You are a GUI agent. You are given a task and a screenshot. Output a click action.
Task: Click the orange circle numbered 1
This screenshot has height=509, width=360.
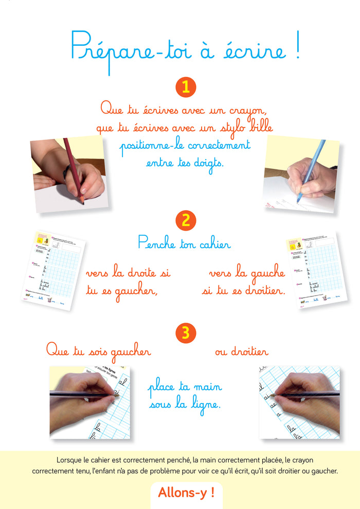[186, 87]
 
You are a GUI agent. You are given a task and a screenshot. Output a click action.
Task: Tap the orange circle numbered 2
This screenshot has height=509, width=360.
[186, 221]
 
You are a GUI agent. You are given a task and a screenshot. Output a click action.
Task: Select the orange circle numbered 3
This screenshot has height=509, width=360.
[186, 334]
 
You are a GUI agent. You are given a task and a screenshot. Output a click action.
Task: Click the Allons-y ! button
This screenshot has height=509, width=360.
[186, 492]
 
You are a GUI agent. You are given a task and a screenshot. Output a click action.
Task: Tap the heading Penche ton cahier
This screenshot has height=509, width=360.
[184, 243]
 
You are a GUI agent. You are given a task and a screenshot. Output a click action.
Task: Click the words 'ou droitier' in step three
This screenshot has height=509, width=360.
[241, 352]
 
